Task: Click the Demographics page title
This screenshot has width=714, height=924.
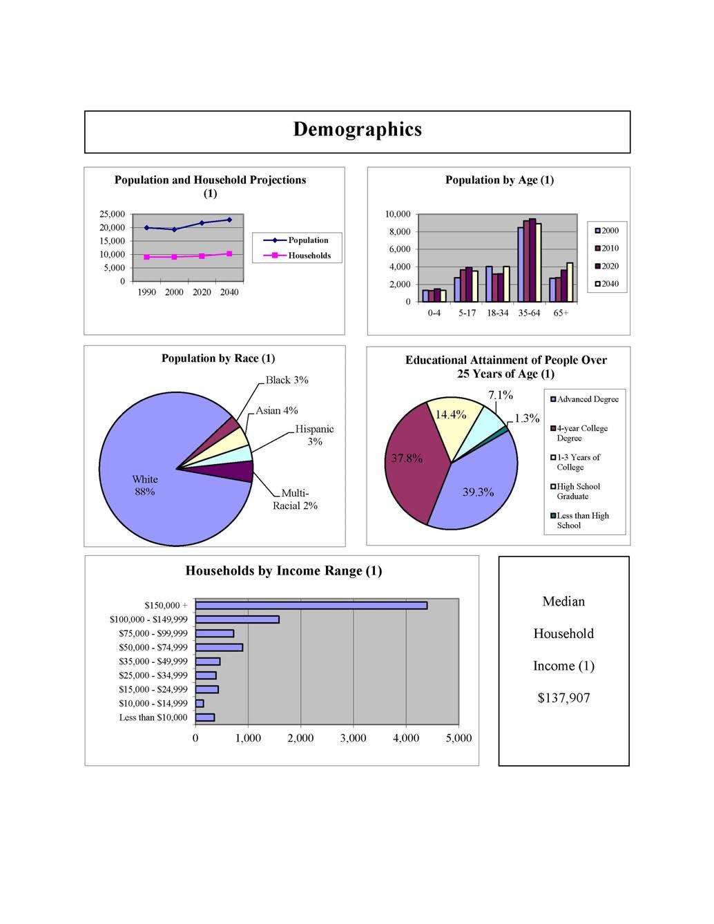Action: (x=357, y=130)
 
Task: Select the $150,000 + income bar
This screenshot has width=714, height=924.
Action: (x=311, y=606)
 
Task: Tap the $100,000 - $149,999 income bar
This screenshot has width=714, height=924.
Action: (x=237, y=619)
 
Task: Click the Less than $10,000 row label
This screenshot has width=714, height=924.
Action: (x=153, y=718)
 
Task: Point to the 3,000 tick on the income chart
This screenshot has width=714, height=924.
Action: (x=353, y=738)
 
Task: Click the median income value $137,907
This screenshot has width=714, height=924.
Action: (x=563, y=698)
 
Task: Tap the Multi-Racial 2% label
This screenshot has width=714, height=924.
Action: (x=295, y=499)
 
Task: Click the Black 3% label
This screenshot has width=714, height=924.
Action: (x=287, y=380)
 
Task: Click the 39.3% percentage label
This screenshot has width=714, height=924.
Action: (x=478, y=492)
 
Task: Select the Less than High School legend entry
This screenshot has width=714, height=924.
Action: (x=582, y=521)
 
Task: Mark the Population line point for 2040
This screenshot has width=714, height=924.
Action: (x=229, y=220)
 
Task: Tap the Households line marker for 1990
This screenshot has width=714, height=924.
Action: (x=146, y=257)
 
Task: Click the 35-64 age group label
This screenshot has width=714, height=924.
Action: (x=529, y=313)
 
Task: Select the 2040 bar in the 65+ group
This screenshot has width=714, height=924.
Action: (x=570, y=282)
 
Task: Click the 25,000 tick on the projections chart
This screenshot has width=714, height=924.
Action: (x=112, y=214)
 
